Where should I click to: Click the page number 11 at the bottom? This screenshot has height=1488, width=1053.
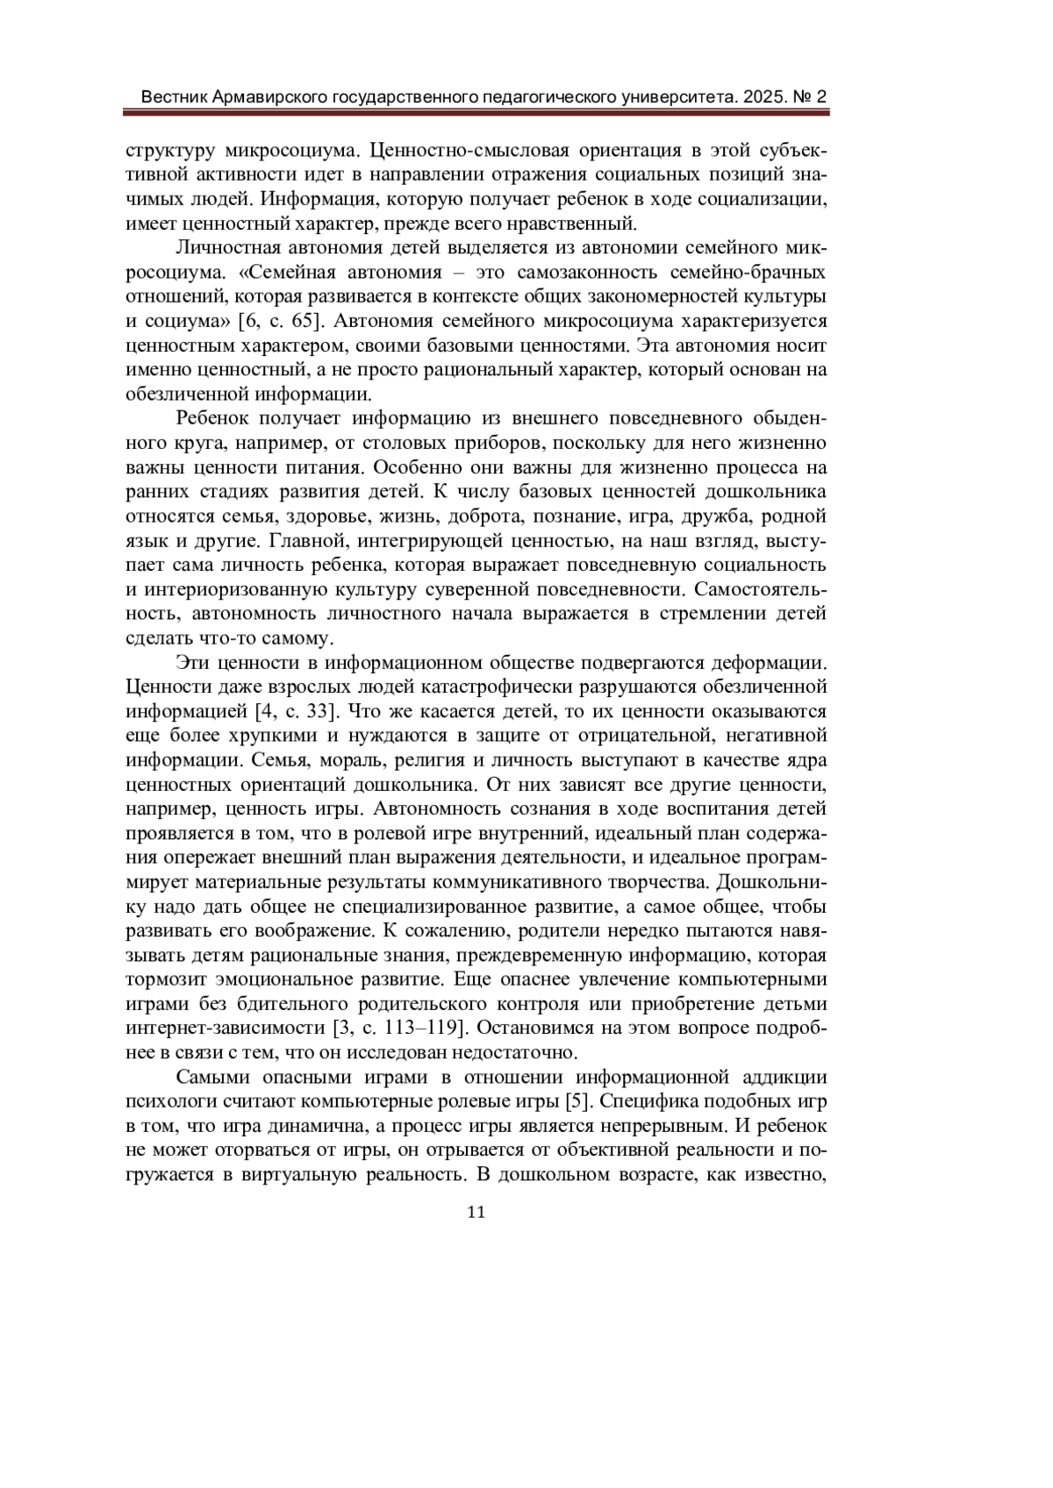[476, 1212]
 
